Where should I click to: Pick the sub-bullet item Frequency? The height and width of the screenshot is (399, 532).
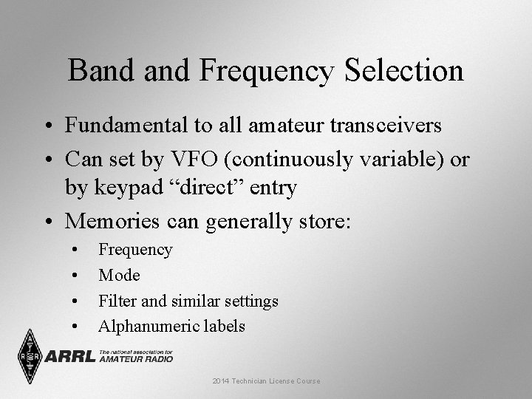click(x=135, y=250)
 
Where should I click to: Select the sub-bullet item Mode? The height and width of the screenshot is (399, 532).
click(x=119, y=275)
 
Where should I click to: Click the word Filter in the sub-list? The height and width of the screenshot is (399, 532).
click(x=117, y=301)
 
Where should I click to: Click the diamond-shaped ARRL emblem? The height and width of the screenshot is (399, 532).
click(x=29, y=355)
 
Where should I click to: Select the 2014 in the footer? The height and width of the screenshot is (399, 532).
click(x=220, y=381)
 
